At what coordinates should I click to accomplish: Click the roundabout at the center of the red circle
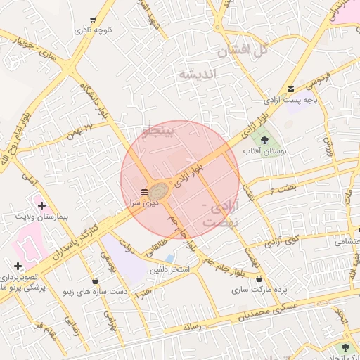159,191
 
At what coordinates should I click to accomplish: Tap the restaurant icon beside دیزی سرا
144,191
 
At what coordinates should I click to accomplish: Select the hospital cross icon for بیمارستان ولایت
41,207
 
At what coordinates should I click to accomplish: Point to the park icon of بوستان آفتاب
264,140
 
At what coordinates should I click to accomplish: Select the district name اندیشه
198,74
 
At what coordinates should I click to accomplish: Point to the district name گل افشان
243,50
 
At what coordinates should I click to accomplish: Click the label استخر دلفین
171,270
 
